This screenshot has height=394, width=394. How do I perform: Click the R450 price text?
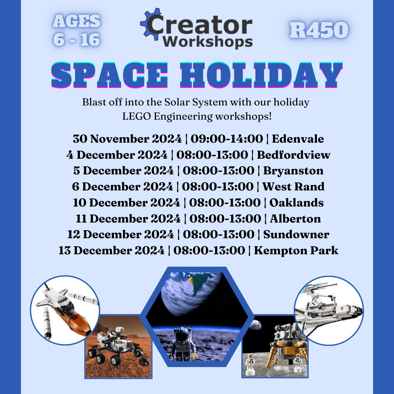[x=319, y=30]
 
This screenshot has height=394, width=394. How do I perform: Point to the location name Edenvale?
[x=298, y=139]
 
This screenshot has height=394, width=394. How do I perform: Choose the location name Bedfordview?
[x=293, y=155]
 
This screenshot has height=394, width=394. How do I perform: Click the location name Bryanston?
[x=293, y=171]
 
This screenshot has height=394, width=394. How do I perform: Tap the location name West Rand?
[x=293, y=187]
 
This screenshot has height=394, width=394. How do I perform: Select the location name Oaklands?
[x=297, y=202]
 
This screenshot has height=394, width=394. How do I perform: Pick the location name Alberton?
[x=295, y=219]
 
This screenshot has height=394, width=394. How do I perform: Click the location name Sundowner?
[x=296, y=235]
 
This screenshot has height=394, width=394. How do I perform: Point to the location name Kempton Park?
[x=296, y=251]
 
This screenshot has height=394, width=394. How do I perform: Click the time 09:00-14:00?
[x=227, y=139]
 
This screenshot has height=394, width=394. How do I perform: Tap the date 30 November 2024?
[x=127, y=139]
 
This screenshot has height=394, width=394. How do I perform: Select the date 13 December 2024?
[x=111, y=251]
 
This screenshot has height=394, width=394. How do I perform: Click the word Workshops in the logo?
[x=208, y=42]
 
